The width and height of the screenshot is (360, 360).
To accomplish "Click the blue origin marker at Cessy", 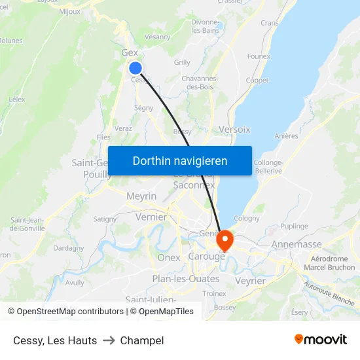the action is coord(135,68).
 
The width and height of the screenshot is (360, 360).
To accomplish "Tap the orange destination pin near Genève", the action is coord(225,240).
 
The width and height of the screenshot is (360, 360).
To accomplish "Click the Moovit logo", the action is coord(321,340).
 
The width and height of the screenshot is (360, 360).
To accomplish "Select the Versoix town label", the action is coord(235,130).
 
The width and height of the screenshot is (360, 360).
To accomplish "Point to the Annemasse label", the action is coord(297,244).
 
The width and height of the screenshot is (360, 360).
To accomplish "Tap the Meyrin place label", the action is coord(141,196).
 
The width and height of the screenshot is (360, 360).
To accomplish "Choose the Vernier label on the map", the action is coord(151,217).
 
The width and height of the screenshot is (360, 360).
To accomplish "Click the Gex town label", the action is coord(130,53).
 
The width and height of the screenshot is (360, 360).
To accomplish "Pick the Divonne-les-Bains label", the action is coord(205,26).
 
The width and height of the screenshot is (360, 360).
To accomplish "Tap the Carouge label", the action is coord(206,257).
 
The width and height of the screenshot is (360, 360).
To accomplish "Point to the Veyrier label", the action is coord(250,281).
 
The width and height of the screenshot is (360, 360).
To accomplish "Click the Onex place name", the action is coord(169,258).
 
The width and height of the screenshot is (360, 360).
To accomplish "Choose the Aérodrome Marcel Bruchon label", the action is coord(330,263).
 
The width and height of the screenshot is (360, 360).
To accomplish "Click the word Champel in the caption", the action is coord(142,340).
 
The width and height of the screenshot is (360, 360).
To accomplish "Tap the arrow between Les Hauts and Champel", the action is coord(109,340).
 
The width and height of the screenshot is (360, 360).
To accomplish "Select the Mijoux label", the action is coord(69,11).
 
